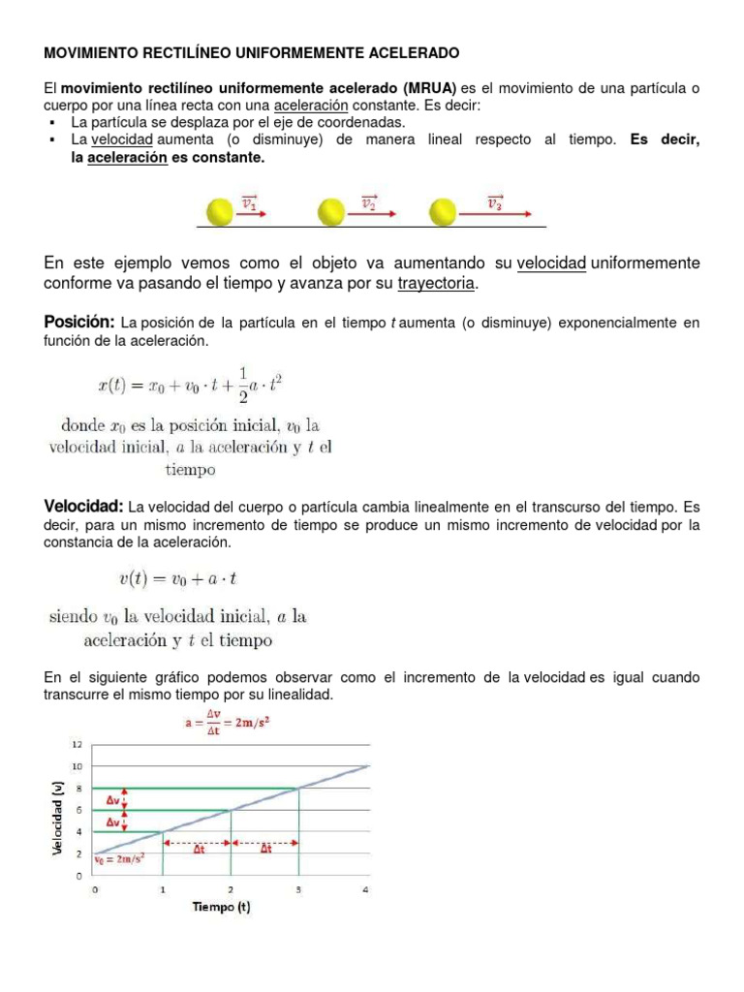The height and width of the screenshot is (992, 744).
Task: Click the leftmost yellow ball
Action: click(220, 210)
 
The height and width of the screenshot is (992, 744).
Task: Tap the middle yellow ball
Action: click(331, 210)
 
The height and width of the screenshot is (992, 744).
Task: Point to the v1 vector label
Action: click(250, 202)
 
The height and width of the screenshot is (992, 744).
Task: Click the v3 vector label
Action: click(495, 202)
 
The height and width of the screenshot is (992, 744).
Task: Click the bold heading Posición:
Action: click(79, 322)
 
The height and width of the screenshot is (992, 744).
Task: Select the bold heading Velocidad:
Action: click(83, 507)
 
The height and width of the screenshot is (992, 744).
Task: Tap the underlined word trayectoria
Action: click(437, 283)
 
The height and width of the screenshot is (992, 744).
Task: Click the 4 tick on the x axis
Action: click(366, 888)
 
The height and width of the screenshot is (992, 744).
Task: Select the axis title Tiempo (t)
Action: click(221, 907)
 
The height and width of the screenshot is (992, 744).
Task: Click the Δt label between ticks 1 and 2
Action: click(198, 849)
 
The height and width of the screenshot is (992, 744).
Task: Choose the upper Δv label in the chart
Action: click(114, 800)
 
